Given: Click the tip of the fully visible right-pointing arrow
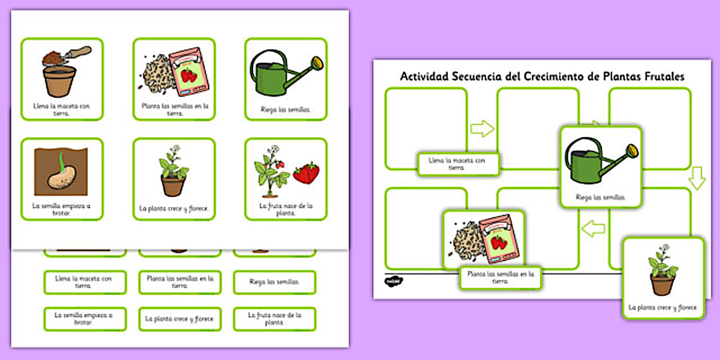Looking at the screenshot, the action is [494, 129].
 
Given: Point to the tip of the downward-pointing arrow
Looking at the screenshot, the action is [697, 190].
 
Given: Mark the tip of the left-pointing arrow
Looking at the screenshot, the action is [582, 229].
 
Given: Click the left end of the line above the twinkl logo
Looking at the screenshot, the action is [385, 274].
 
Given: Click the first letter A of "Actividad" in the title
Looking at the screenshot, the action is [405, 77].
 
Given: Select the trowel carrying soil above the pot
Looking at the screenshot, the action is [67, 55].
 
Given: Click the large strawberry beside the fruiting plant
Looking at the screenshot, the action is [306, 173].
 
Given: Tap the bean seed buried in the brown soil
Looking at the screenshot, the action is [62, 177].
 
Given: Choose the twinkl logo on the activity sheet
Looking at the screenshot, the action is [393, 281].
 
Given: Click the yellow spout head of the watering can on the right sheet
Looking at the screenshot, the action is [633, 151].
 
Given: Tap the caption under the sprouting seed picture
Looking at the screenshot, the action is [61, 209].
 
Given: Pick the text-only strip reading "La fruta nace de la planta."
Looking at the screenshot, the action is [274, 319].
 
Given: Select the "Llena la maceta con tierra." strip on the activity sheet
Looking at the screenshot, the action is [458, 164].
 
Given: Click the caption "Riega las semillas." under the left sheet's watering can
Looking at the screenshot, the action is [286, 110].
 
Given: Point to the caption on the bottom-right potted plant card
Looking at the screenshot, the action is [663, 307].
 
